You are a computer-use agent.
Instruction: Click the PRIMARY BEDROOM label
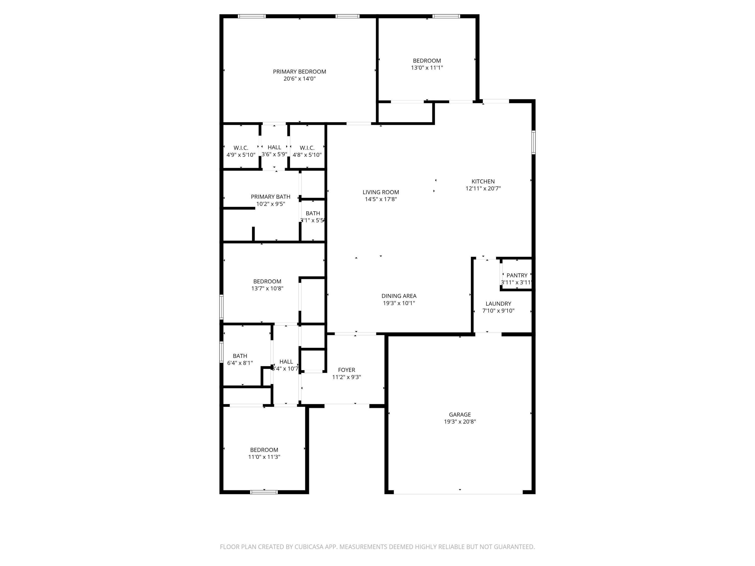pyautogui.click(x=299, y=72)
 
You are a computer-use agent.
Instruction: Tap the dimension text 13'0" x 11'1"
pyautogui.click(x=427, y=68)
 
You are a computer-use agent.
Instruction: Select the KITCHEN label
pyautogui.click(x=483, y=182)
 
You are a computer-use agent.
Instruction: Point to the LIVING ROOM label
pyautogui.click(x=381, y=192)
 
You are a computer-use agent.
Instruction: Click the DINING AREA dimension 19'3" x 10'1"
pyautogui.click(x=399, y=303)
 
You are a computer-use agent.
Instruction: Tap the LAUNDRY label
pyautogui.click(x=498, y=304)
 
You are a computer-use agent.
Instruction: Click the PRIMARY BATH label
pyautogui.click(x=270, y=197)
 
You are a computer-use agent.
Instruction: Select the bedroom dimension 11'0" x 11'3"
pyautogui.click(x=264, y=457)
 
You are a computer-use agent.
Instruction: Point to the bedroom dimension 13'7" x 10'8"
pyautogui.click(x=267, y=288)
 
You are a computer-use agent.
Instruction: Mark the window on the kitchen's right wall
pyautogui.click(x=533, y=142)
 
